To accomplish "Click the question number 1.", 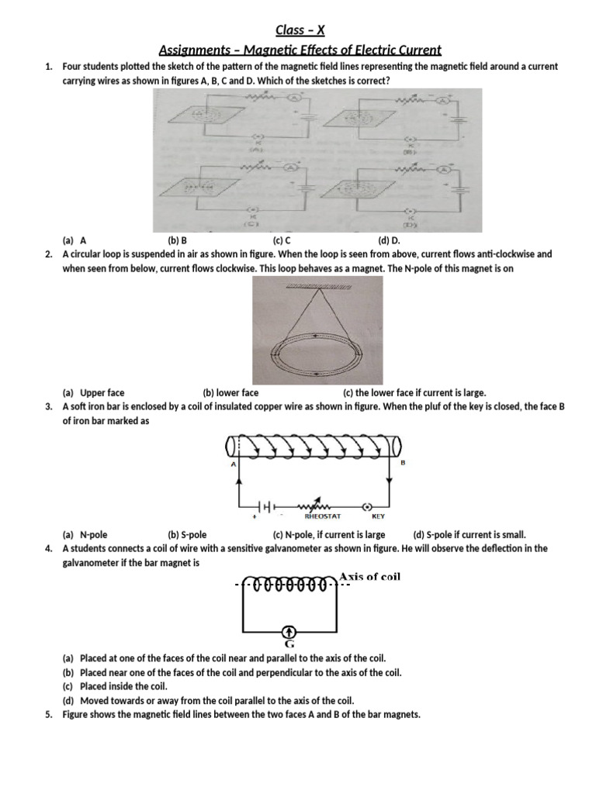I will click(48, 67).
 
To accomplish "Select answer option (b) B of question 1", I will click(178, 240).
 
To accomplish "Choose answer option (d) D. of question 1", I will click(388, 240).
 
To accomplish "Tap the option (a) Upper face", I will click(93, 392).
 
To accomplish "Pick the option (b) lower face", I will click(230, 392).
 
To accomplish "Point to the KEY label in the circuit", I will click(378, 516).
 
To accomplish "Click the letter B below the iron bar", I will click(402, 463).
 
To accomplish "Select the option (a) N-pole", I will click(86, 534).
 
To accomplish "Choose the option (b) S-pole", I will click(187, 534).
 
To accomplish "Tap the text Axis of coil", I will click(369, 577).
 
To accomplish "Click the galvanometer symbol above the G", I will click(288, 630).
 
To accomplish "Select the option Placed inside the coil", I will click(123, 686).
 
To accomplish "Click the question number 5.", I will click(48, 714).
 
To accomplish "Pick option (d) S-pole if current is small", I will click(470, 534).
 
